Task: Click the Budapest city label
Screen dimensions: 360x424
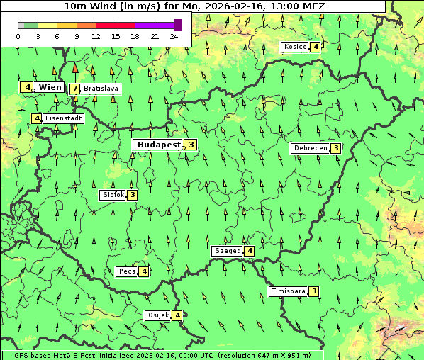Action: click(x=159, y=145)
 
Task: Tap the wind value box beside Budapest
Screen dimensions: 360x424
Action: click(x=191, y=145)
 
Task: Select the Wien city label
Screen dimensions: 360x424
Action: click(x=50, y=87)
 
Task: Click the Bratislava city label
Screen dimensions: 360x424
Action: click(x=101, y=89)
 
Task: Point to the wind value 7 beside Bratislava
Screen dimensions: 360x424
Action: click(x=74, y=89)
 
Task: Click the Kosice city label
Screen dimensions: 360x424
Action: click(x=294, y=47)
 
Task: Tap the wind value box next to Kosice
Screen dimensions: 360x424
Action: click(x=315, y=47)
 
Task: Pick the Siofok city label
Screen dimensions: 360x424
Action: click(x=113, y=194)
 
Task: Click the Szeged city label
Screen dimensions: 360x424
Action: click(x=227, y=251)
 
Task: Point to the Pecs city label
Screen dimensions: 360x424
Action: click(x=127, y=271)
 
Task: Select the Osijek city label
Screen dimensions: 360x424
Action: click(x=157, y=315)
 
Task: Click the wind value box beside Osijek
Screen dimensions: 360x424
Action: click(x=177, y=315)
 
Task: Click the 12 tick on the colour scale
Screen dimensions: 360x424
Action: click(x=96, y=36)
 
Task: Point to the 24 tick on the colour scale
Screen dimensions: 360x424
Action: click(x=174, y=36)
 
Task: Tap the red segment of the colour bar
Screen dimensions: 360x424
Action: click(x=115, y=25)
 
